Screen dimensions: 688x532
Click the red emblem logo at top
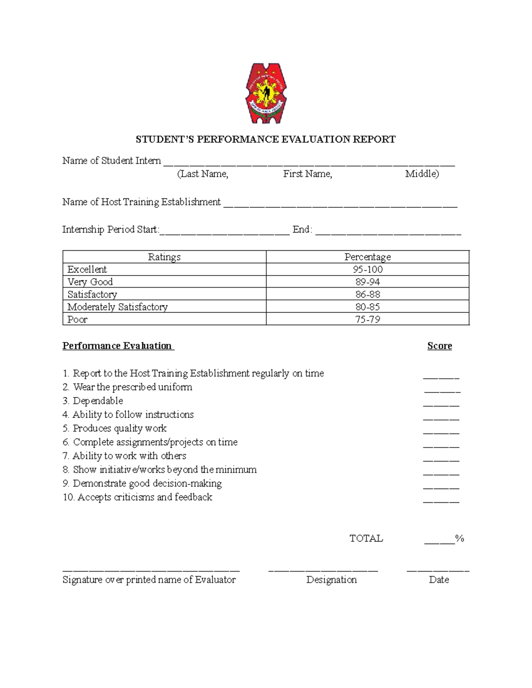pos(266,93)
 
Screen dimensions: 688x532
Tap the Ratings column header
pos(164,257)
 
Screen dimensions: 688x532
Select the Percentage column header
pos(368,257)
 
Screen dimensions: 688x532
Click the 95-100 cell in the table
pos(368,269)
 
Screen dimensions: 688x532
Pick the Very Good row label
pos(90,282)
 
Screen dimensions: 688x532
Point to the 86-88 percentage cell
pos(368,294)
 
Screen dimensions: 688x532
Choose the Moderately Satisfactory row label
pos(117,307)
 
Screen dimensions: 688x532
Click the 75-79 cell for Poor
pos(368,319)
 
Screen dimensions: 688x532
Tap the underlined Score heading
pos(439,346)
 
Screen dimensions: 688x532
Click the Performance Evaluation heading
pos(117,346)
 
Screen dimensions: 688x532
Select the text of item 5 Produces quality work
pos(120,428)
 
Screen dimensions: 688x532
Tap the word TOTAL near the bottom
pos(366,539)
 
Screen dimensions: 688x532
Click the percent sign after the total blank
pos(460,539)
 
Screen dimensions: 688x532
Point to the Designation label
pos(331,580)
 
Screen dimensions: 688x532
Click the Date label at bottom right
pos(439,580)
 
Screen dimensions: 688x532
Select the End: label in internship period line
pos(302,229)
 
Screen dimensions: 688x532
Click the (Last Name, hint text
pos(203,174)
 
